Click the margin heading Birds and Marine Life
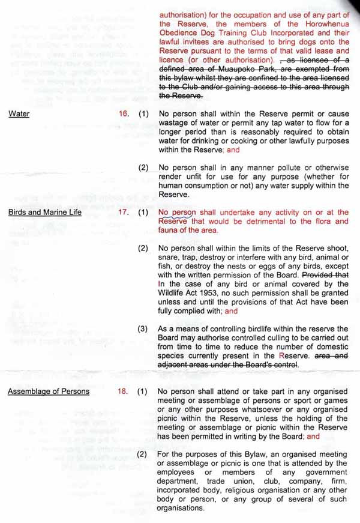(44, 212)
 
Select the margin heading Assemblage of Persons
(48, 392)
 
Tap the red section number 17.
(124, 212)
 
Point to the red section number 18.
(124, 392)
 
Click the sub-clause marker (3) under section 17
(143, 329)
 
